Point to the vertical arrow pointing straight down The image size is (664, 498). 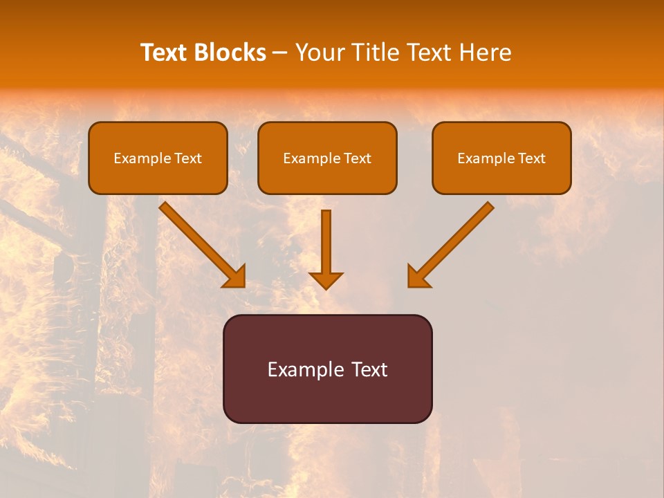pos(326,246)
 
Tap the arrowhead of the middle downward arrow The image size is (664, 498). pos(326,279)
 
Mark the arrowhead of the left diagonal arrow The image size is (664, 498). pos(235,277)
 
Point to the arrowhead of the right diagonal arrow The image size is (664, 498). pos(417,277)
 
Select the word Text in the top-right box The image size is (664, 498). pos(531,158)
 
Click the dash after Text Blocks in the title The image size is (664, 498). pos(280,53)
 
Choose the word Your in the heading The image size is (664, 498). pos(318,53)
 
